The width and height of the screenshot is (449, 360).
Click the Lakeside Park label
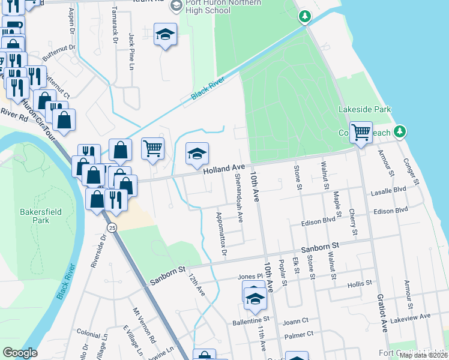coord(364,109)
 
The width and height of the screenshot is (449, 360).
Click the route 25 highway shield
coord(112,228)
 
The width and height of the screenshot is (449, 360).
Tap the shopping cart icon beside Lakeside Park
coord(360,131)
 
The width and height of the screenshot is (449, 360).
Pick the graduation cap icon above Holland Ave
coord(196,155)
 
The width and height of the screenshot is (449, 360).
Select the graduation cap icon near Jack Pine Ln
coord(164,35)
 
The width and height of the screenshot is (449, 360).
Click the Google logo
coord(20,353)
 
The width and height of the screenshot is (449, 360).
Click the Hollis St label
coord(360,282)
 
